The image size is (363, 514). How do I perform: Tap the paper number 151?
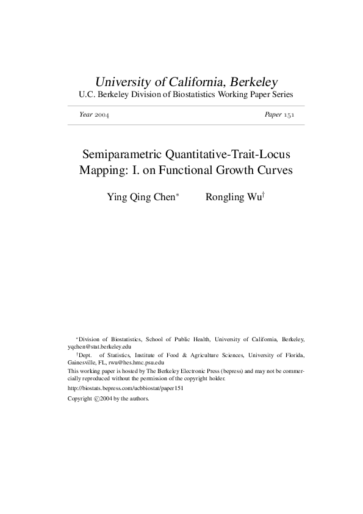point(287,115)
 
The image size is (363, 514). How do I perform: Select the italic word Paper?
point(273,115)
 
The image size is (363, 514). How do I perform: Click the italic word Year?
point(85,115)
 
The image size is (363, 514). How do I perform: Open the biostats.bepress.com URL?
point(126,388)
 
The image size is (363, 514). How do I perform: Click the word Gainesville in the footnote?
point(82,362)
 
